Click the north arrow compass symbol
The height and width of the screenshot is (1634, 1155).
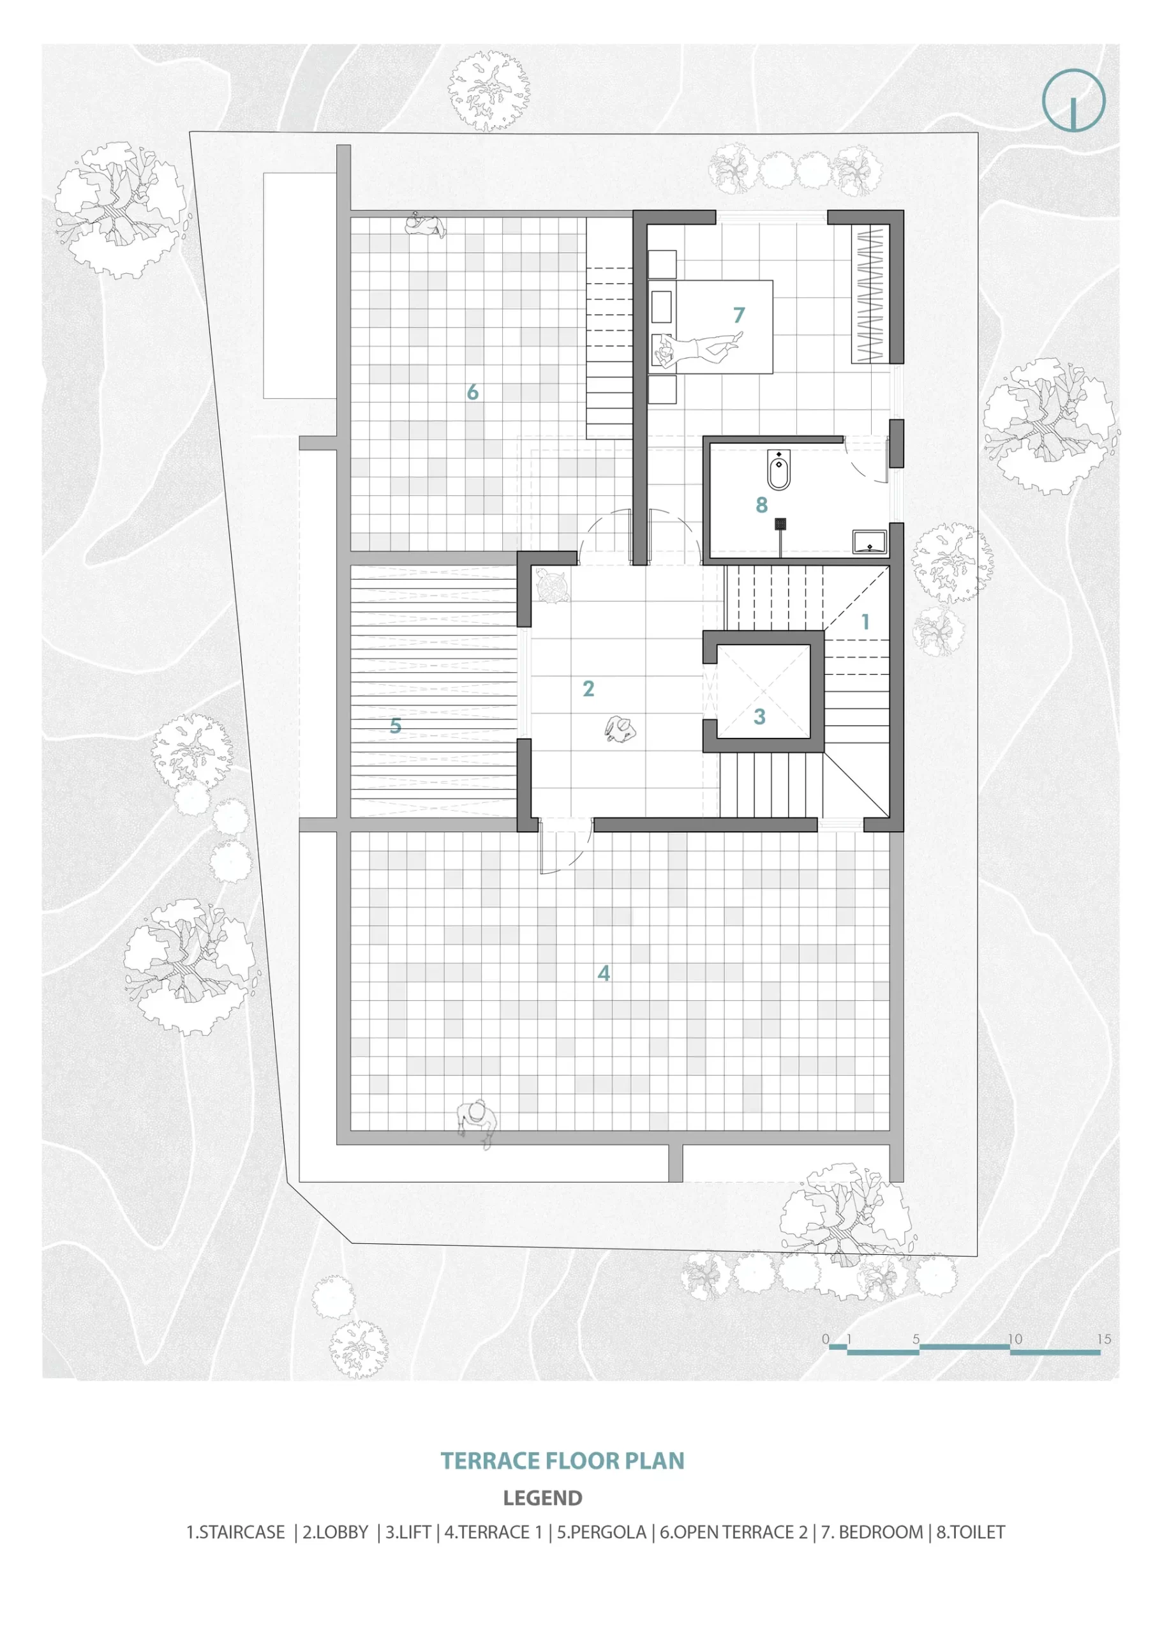1073,100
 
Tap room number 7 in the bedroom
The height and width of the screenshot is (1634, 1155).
739,315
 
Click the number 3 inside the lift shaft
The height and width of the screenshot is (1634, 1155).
759,717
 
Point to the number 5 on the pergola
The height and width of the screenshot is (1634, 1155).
396,726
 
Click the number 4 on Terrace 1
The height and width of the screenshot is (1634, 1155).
604,973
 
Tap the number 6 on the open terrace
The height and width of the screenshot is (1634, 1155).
473,392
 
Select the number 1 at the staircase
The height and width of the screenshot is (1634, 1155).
865,622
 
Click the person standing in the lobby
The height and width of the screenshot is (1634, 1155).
620,730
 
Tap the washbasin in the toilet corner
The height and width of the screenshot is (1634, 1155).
869,543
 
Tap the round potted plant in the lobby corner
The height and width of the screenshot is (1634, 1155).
552,586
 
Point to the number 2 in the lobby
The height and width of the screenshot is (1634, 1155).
588,689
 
